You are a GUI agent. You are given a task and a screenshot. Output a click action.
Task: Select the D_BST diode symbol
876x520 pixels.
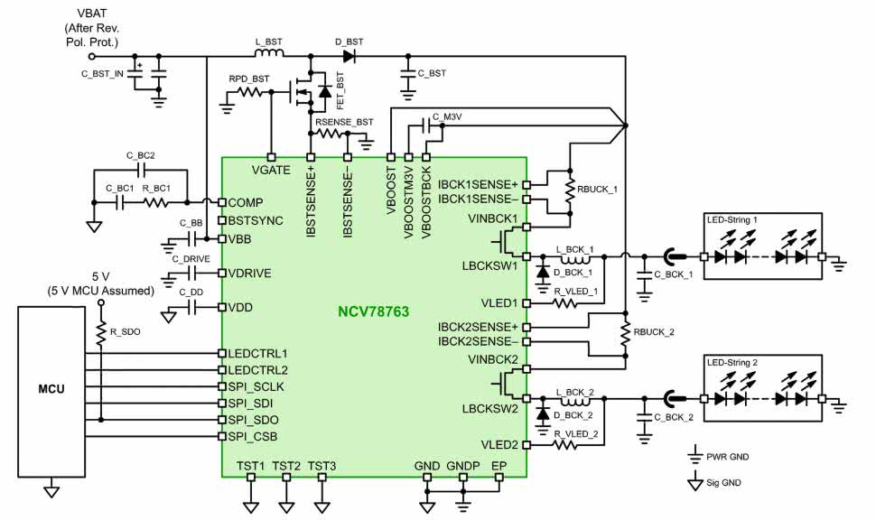pyautogui.click(x=349, y=56)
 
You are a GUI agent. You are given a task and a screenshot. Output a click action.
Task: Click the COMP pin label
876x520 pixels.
pyautogui.click(x=245, y=202)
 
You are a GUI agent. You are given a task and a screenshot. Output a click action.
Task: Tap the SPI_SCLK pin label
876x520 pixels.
pyautogui.click(x=256, y=386)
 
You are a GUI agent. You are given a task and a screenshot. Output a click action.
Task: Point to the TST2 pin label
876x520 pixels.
pyautogui.click(x=286, y=465)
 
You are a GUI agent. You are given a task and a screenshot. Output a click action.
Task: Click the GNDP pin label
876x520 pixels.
pyautogui.click(x=461, y=465)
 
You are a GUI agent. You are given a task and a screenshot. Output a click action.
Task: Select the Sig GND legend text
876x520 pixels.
pyautogui.click(x=725, y=483)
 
